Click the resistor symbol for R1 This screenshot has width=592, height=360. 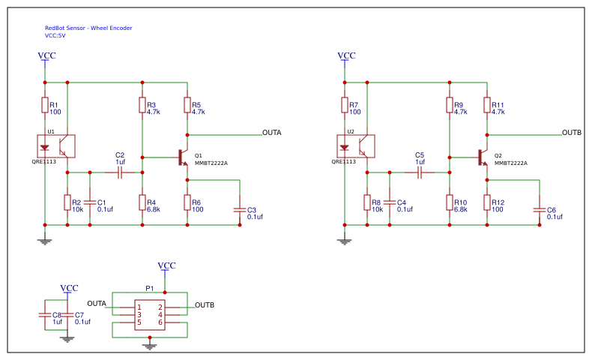(45, 105)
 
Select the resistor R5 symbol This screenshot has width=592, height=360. (187, 105)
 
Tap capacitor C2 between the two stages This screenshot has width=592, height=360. (120, 172)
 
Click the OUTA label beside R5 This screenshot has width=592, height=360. (272, 133)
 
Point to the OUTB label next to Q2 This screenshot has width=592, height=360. (572, 133)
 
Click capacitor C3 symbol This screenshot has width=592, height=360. (240, 210)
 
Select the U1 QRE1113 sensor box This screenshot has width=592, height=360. (56, 146)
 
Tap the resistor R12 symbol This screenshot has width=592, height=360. (487, 202)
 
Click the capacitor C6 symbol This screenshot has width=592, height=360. (540, 210)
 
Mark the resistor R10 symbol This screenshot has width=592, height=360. (450, 202)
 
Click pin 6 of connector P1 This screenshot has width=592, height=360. (160, 322)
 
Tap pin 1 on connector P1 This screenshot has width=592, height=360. (139, 307)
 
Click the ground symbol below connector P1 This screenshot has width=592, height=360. (150, 346)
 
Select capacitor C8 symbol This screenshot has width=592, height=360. (45, 315)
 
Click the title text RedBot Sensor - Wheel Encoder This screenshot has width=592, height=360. (88, 28)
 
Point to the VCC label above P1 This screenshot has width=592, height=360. (166, 265)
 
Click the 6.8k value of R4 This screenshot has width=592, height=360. (154, 209)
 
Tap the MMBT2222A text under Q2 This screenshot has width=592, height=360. (511, 163)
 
